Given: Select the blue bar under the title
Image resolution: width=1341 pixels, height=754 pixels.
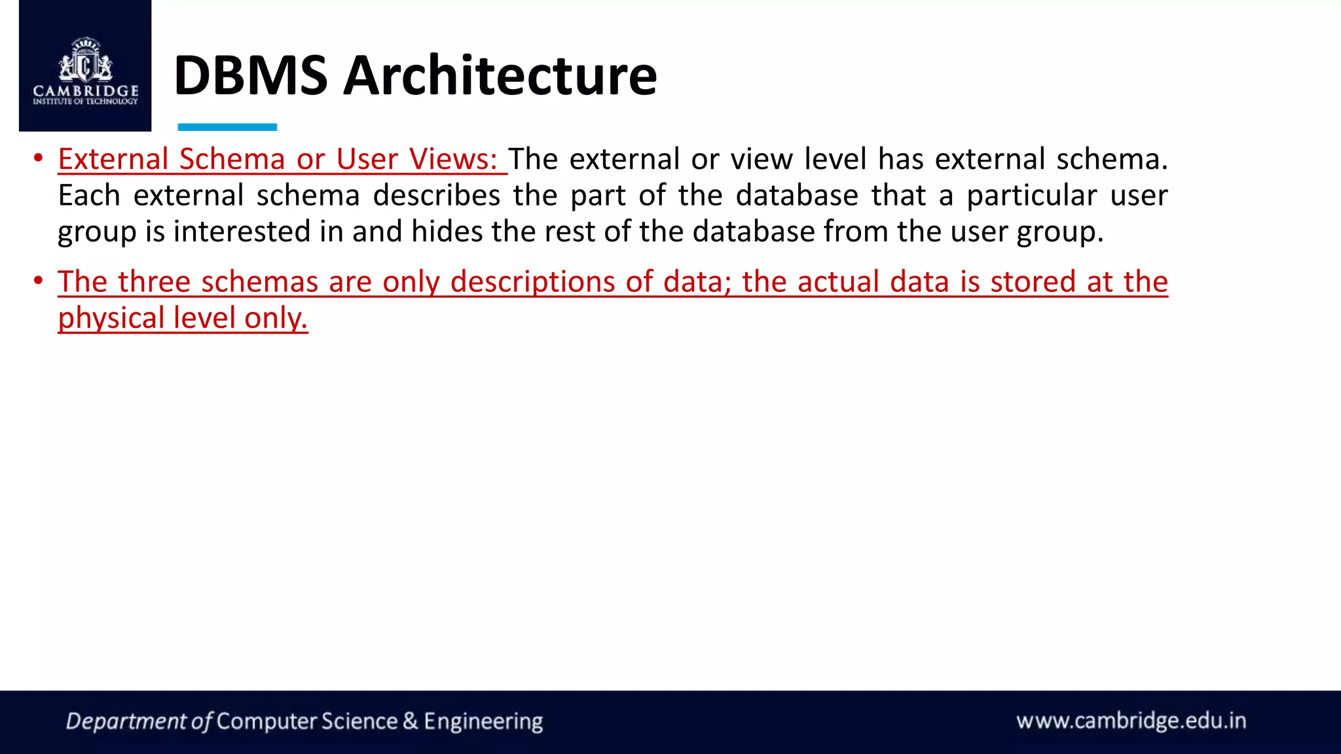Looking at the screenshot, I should tap(227, 127).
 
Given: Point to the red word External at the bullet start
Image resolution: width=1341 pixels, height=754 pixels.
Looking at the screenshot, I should tap(113, 159).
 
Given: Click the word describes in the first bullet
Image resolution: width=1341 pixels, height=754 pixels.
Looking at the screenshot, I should tap(437, 196).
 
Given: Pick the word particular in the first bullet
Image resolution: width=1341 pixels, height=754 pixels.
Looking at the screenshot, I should tap(1031, 196).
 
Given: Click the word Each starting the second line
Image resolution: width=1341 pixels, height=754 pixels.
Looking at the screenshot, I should tap(88, 196).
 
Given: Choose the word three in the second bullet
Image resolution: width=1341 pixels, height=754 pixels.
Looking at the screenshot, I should tap(154, 282).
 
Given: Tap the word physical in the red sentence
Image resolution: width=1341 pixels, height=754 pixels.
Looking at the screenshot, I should tap(111, 319).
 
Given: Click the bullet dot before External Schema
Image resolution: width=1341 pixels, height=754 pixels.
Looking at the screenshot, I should tap(39, 158).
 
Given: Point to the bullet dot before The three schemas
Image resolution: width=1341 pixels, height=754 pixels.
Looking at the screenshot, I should tap(39, 281).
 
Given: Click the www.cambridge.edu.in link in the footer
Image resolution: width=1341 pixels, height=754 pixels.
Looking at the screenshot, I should tap(1131, 721).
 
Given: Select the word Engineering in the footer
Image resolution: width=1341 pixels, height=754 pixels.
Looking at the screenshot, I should tap(483, 721).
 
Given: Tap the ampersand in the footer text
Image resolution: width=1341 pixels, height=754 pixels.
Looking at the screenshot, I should tap(411, 721).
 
